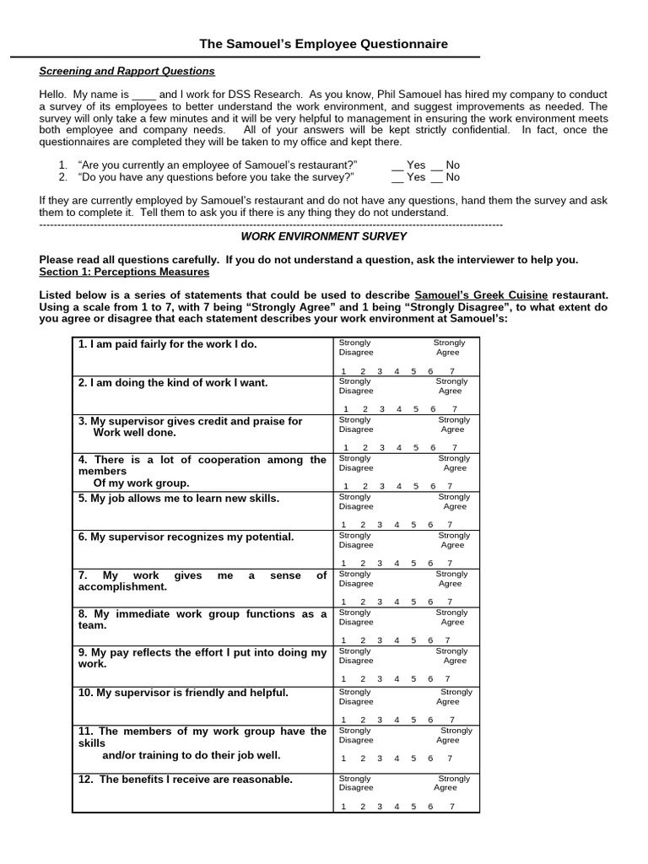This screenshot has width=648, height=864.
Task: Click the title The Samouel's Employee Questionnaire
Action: tap(323, 44)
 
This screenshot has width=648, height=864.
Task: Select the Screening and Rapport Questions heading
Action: tap(127, 71)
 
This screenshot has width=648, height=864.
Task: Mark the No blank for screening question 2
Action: tap(437, 177)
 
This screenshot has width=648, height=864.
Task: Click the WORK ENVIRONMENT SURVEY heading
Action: tap(323, 236)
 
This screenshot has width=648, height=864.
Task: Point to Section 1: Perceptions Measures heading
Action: tap(124, 273)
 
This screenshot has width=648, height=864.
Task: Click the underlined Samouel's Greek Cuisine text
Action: tap(483, 294)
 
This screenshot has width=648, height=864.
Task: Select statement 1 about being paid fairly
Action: tap(168, 344)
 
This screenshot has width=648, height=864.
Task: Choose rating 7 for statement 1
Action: tap(452, 371)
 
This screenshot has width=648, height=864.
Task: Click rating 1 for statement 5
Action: tap(343, 525)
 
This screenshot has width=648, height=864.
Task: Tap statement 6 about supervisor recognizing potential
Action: tap(186, 537)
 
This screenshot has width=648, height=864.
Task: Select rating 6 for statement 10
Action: tap(431, 720)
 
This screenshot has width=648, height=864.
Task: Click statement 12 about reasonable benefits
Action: tap(186, 779)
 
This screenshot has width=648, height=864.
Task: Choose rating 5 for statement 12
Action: tap(413, 807)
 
